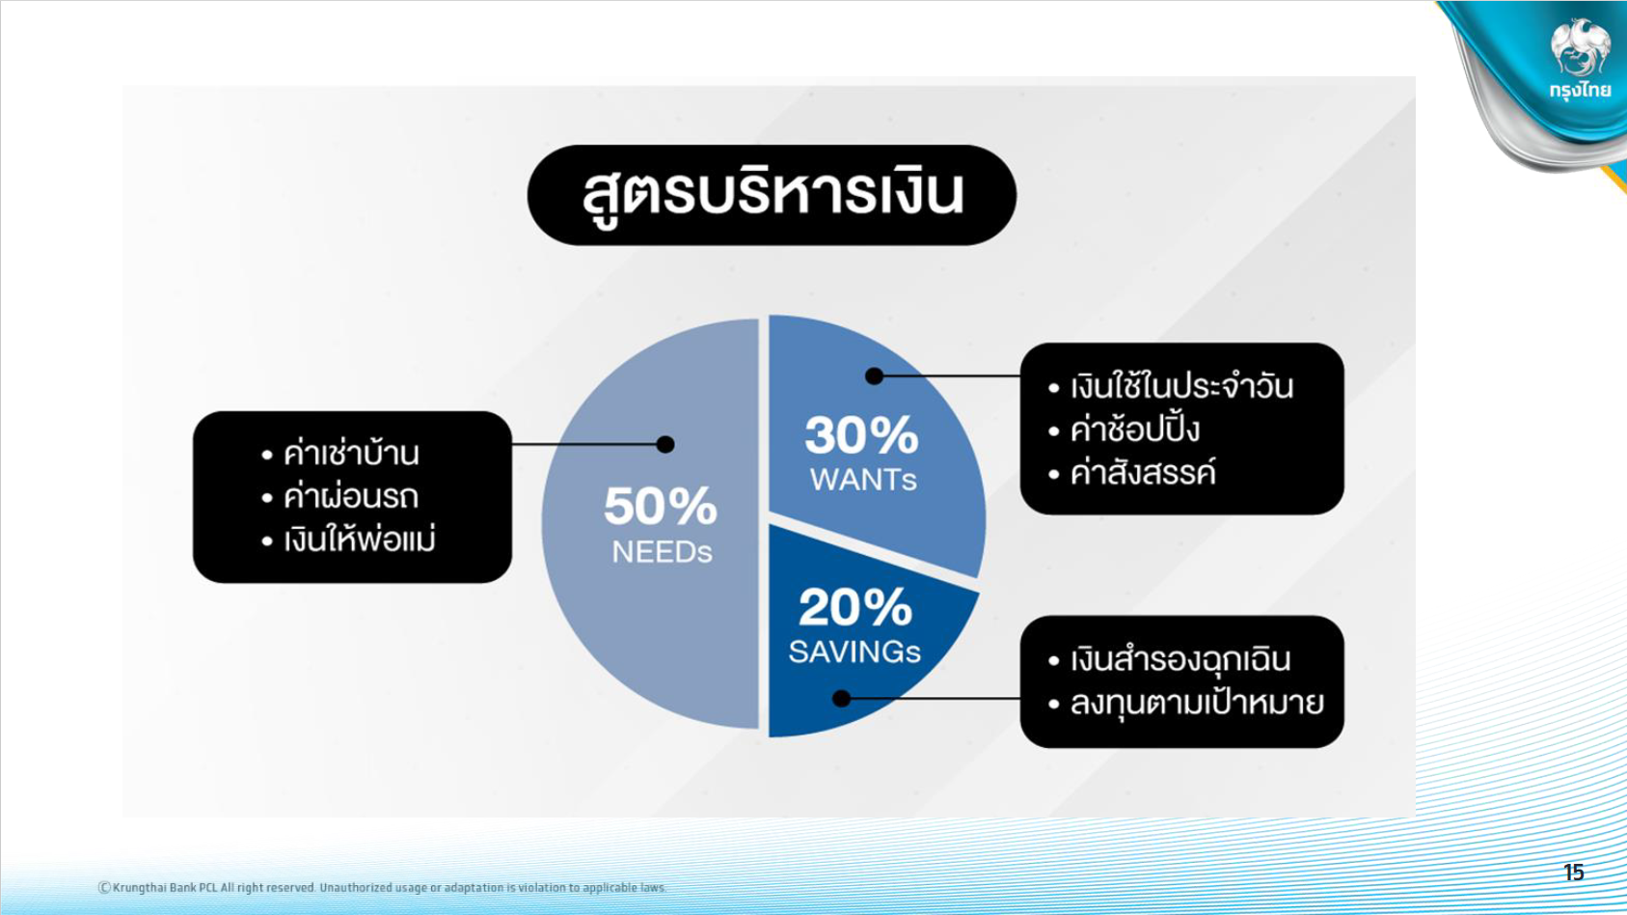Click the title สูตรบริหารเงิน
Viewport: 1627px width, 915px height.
point(773,194)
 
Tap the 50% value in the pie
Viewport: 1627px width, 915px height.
point(661,506)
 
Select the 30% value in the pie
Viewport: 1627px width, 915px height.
point(861,434)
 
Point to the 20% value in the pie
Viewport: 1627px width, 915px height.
point(855,607)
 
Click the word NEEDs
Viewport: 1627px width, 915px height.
point(662,552)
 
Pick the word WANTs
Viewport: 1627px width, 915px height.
point(863,480)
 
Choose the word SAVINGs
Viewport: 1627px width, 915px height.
point(854,652)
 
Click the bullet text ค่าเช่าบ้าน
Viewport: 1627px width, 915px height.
point(352,453)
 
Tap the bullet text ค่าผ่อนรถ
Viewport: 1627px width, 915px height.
point(351,497)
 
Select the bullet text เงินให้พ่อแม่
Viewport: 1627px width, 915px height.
point(360,540)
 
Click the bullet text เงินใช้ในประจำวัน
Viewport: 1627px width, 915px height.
point(1181,385)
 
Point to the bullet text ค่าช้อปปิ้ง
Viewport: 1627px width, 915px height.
point(1134,429)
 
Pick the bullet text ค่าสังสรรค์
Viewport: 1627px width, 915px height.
point(1143,473)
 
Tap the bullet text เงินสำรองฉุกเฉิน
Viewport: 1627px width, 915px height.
point(1180,659)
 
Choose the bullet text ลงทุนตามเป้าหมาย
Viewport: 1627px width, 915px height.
point(1197,703)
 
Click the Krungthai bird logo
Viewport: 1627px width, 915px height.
point(1580,48)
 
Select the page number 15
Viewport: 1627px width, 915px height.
point(1573,873)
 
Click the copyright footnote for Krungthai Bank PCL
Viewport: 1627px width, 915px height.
point(382,887)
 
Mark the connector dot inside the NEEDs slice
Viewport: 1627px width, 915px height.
point(664,444)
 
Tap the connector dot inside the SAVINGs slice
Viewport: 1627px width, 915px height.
point(841,699)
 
